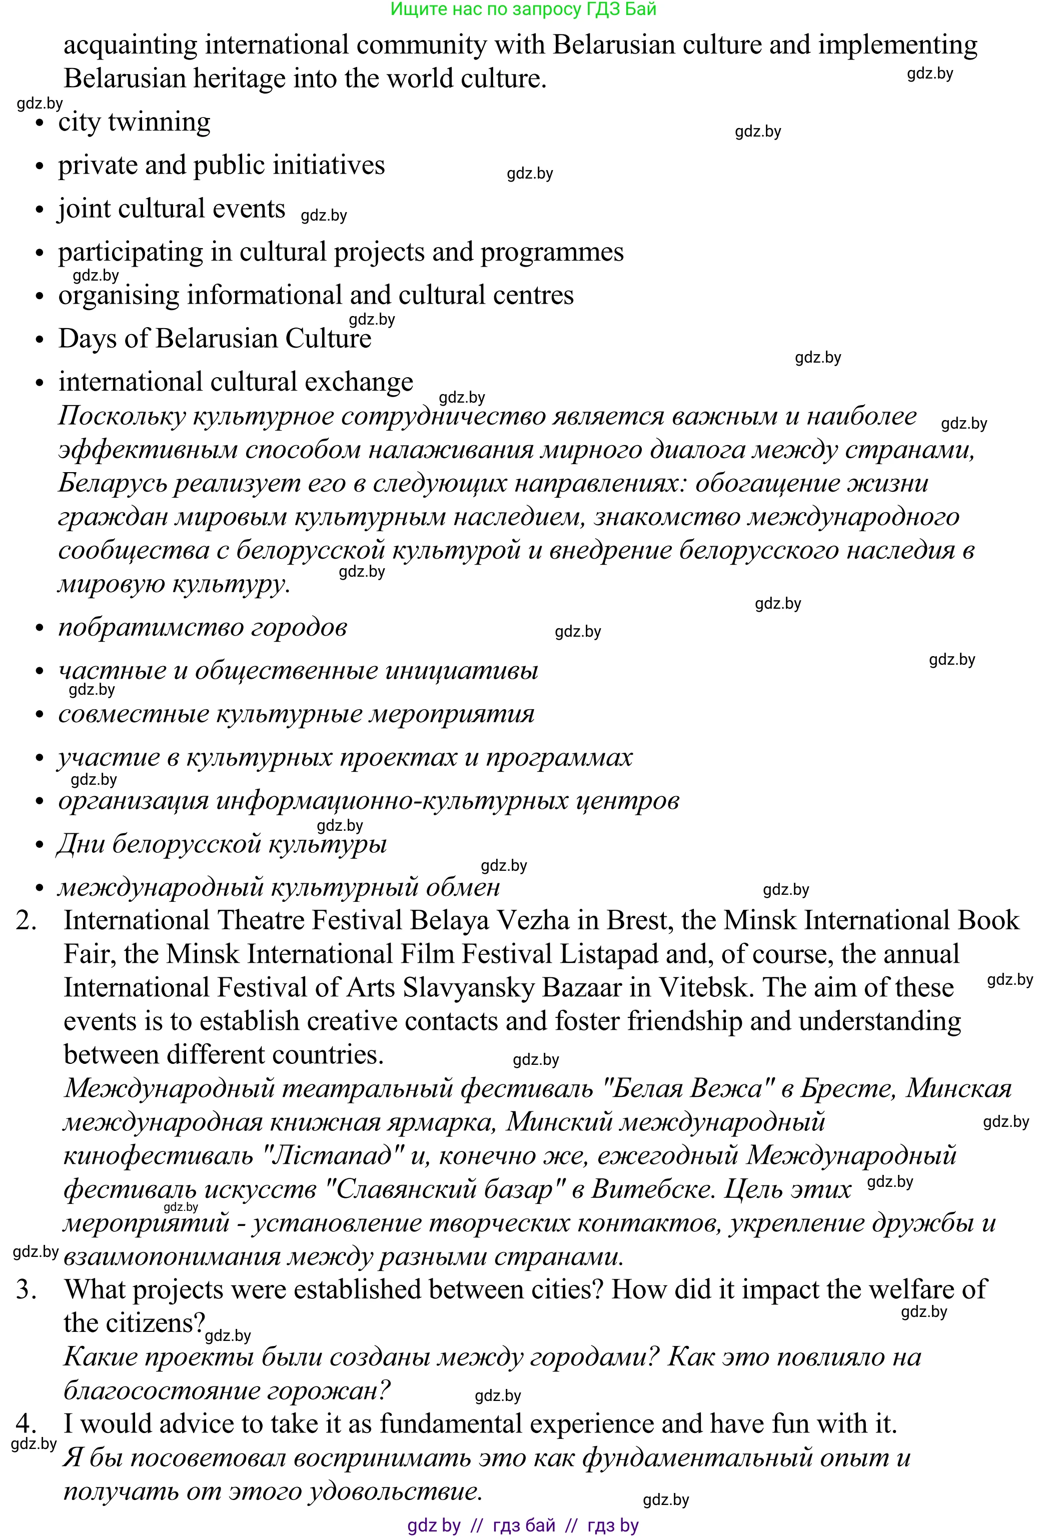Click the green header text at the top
point(523,10)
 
